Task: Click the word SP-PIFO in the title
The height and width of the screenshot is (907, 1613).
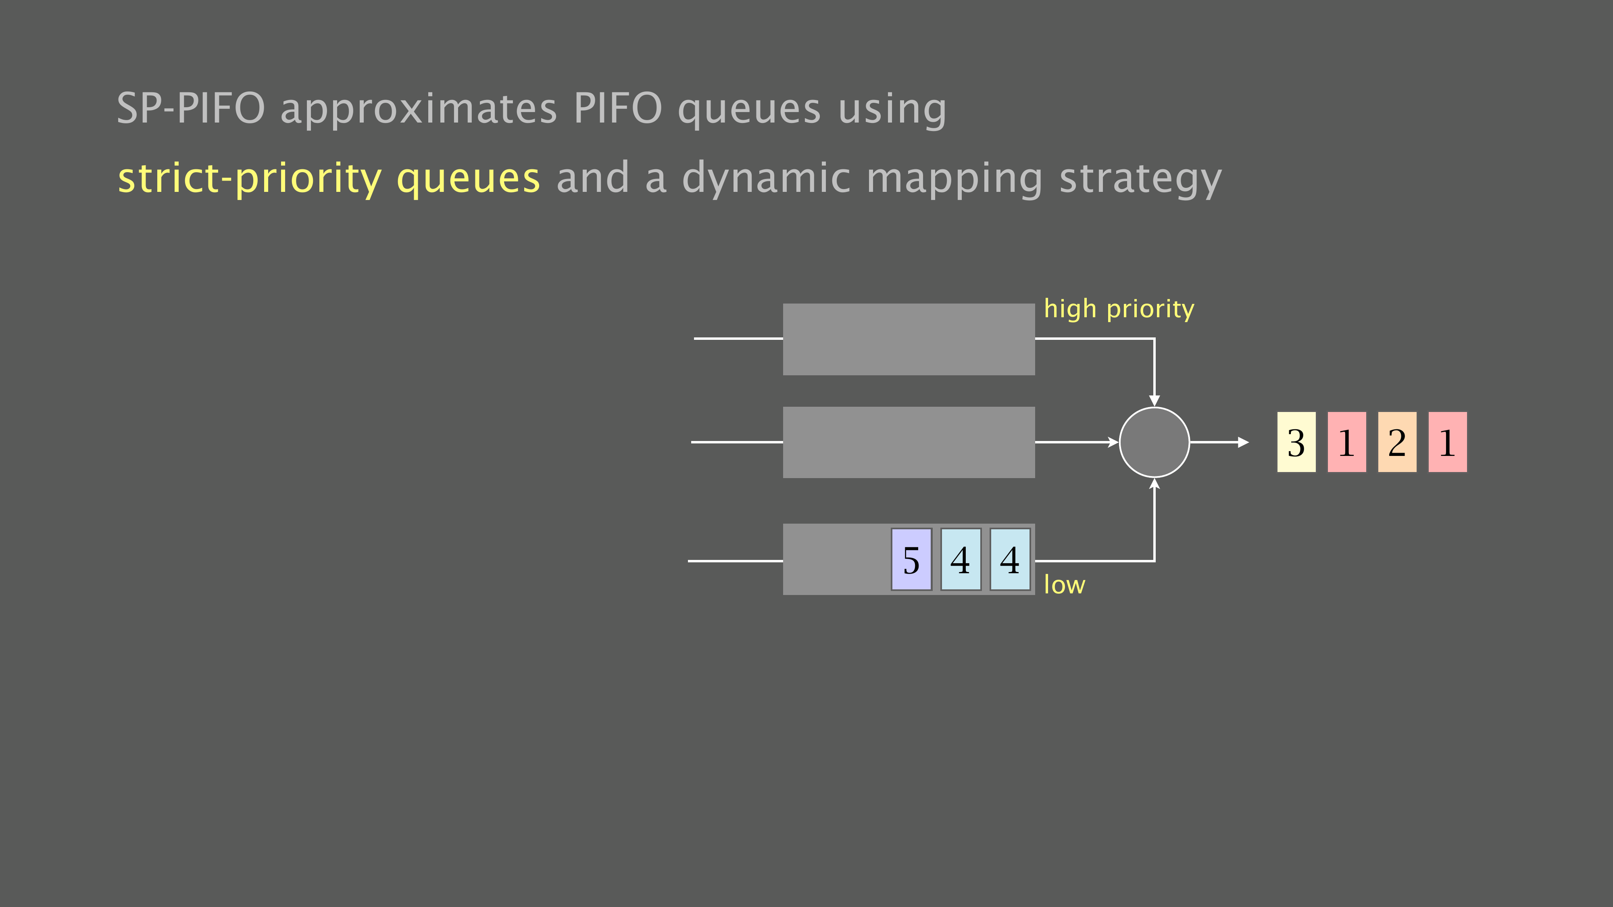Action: pos(191,108)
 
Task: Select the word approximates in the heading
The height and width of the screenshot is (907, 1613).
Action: pos(418,110)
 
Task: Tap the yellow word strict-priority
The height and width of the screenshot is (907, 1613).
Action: pos(249,179)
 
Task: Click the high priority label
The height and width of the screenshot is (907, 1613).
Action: pos(1119,309)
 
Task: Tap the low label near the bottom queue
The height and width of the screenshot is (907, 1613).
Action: pos(1065,584)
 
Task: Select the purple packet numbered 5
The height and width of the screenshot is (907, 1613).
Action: pos(911,559)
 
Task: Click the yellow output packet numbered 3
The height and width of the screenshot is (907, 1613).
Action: pos(1296,442)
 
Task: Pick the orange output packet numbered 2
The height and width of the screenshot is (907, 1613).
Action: pos(1397,442)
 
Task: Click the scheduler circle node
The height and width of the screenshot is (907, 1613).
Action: pos(1154,442)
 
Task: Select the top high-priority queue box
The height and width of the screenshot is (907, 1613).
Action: pos(909,339)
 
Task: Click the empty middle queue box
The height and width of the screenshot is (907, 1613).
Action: pos(909,442)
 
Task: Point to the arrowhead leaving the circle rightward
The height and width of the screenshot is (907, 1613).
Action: pos(1244,442)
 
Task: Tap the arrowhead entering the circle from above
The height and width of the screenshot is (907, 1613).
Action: pos(1154,401)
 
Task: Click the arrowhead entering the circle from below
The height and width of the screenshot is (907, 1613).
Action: pos(1154,483)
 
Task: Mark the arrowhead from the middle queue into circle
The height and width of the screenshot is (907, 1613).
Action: pos(1113,442)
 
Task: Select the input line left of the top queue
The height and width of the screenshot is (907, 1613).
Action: pos(738,339)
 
